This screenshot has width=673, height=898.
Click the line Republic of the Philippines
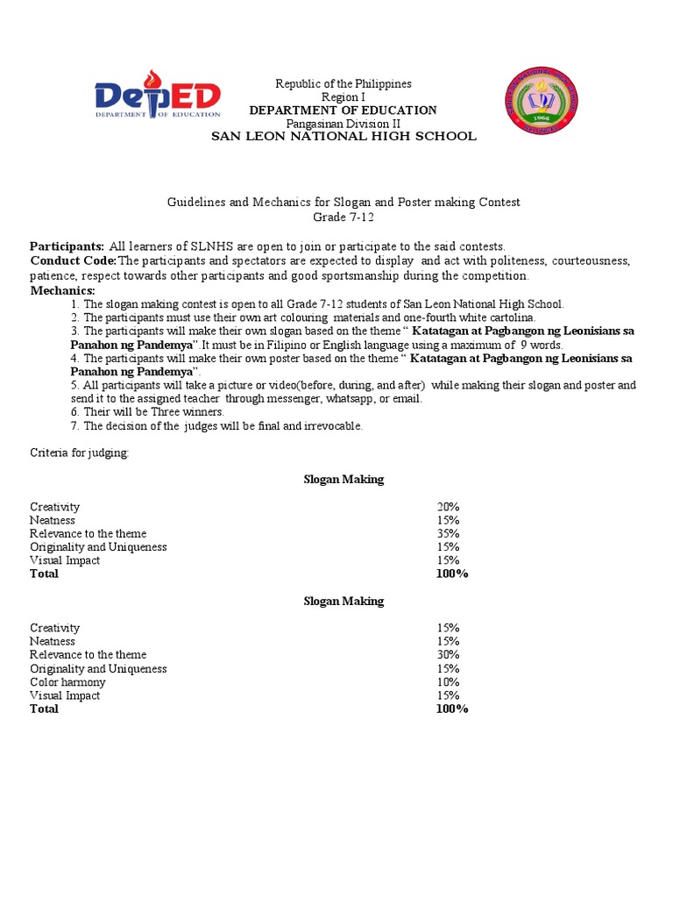(x=343, y=84)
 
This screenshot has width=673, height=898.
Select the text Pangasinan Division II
(x=343, y=124)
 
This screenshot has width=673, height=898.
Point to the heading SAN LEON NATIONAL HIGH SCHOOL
(x=343, y=137)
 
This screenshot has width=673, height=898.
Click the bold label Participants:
(x=67, y=247)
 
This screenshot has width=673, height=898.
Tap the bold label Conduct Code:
(x=74, y=261)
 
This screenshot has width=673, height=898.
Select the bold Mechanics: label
(x=62, y=290)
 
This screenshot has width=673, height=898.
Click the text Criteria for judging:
(x=79, y=453)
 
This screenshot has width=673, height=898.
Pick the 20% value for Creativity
(x=448, y=507)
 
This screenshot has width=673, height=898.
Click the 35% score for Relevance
(x=448, y=533)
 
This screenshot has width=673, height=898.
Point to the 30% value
(x=448, y=655)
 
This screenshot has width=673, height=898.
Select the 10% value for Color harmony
(x=448, y=682)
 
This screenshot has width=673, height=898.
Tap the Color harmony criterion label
(x=67, y=682)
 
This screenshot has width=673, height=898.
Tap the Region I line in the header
(x=343, y=97)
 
